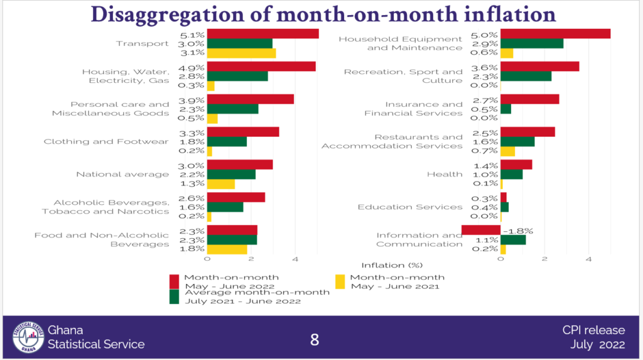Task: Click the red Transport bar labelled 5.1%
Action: (x=262, y=34)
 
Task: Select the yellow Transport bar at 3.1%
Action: (x=241, y=53)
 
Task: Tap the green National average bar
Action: (x=231, y=174)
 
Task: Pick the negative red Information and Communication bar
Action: (x=481, y=230)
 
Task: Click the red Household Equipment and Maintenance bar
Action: (x=555, y=34)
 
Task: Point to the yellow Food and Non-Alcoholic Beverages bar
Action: (x=227, y=249)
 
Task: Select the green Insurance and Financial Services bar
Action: (x=505, y=109)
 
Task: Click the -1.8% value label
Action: (x=521, y=231)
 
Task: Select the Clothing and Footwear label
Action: (x=106, y=142)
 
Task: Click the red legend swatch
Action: (x=175, y=281)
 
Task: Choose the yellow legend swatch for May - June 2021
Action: (x=340, y=281)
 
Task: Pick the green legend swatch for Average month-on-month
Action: (x=175, y=296)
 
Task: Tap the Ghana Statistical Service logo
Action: (x=28, y=339)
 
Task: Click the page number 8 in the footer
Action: (x=315, y=340)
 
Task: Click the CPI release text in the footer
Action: (x=593, y=330)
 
